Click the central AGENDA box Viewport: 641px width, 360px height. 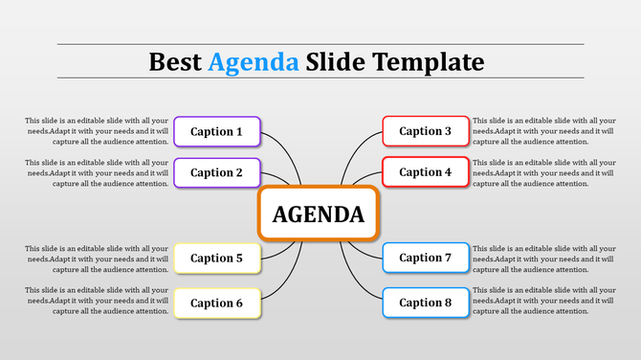(319, 214)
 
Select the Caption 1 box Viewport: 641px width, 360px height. (216, 131)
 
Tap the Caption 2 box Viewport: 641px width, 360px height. (216, 172)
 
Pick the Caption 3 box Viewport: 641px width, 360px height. (426, 131)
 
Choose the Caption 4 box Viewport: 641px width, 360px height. (426, 172)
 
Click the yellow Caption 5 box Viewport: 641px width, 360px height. (216, 258)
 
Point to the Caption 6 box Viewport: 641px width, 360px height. (216, 303)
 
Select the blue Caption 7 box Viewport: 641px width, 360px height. (426, 258)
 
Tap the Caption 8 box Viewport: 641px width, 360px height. (426, 303)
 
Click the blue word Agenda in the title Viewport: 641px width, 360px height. (254, 62)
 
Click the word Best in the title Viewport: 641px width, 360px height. (175, 62)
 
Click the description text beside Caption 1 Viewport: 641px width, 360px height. (98, 131)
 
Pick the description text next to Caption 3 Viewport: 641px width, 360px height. (543, 131)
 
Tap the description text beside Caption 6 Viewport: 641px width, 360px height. (98, 300)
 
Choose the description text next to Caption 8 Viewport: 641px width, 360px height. (543, 300)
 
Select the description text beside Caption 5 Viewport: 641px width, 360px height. (98, 259)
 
